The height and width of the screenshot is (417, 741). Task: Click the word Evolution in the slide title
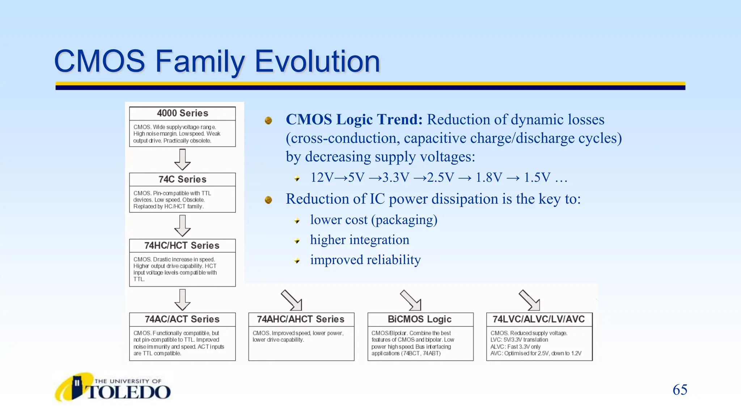tap(317, 62)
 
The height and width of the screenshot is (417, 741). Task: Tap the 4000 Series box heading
tap(182, 113)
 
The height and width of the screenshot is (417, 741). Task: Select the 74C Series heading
tap(182, 180)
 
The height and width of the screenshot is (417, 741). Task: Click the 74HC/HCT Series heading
tap(182, 246)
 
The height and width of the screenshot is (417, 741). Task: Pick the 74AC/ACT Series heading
tap(182, 319)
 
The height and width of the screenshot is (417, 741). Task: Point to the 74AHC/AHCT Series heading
tap(301, 319)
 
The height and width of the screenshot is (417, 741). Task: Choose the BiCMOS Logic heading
tap(420, 319)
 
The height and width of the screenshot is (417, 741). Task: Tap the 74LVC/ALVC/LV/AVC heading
tap(539, 319)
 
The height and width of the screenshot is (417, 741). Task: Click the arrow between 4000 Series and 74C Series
tap(182, 160)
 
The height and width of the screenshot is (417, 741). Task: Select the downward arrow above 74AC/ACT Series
tap(182, 300)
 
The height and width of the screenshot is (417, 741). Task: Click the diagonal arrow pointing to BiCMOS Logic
tap(411, 300)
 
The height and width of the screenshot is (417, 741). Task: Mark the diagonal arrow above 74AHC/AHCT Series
tap(292, 300)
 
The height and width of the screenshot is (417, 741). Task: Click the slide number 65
tap(680, 390)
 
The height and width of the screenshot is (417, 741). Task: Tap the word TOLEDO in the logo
tap(128, 392)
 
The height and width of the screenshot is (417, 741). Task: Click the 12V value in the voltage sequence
tap(322, 178)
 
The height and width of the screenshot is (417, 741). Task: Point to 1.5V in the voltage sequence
tap(537, 178)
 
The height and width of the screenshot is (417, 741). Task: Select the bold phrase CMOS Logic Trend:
tap(354, 120)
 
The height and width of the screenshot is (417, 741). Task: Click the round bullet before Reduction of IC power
tap(268, 200)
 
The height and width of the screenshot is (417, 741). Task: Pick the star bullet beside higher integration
tap(297, 241)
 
